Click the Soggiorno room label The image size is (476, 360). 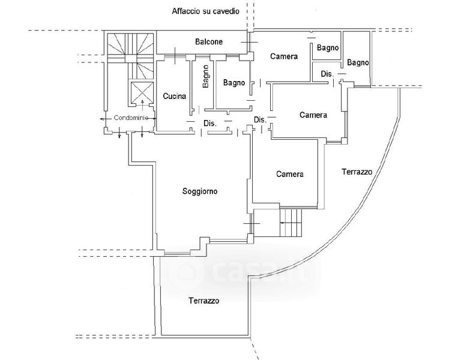point(200,191)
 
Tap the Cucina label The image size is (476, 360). point(175,96)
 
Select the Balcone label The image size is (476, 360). point(209,41)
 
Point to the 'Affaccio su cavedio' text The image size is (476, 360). point(205,11)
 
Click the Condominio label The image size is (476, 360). point(131,118)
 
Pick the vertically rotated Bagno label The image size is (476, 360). point(205,76)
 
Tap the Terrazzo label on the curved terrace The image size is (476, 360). point(357,172)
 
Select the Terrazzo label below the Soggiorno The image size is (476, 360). point(204,301)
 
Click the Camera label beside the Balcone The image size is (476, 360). point(284,56)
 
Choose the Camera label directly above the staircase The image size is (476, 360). point(290,174)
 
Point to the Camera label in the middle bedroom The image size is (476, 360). point(313,115)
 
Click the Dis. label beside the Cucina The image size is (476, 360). point(210,124)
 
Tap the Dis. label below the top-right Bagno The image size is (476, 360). point(327,74)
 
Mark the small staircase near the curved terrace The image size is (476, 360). point(291,223)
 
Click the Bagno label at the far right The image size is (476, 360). point(358,62)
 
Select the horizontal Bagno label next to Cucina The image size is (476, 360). point(233,83)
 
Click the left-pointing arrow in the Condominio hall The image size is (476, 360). point(105,119)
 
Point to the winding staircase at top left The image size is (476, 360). point(130,55)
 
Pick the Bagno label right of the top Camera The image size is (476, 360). point(328,47)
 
